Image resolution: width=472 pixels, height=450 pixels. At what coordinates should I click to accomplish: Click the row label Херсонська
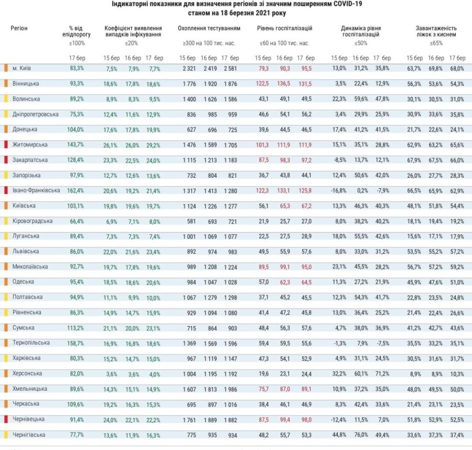(27, 373)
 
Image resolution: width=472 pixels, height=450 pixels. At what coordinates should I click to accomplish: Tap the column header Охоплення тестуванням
(209, 27)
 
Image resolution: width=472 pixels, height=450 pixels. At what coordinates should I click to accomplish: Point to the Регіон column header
(19, 27)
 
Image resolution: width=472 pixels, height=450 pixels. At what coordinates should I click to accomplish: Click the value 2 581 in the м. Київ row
(230, 68)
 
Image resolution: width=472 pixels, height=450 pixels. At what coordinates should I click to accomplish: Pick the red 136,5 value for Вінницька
(284, 83)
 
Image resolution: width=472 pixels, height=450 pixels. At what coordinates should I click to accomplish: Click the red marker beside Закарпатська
(5, 159)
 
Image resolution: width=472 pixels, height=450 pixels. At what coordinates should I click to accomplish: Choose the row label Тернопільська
(31, 343)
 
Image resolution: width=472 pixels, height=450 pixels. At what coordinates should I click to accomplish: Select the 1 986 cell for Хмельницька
(230, 389)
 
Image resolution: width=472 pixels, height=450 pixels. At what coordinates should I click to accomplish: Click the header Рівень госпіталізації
(285, 27)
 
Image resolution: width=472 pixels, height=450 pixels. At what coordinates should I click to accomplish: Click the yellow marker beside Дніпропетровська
(5, 114)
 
